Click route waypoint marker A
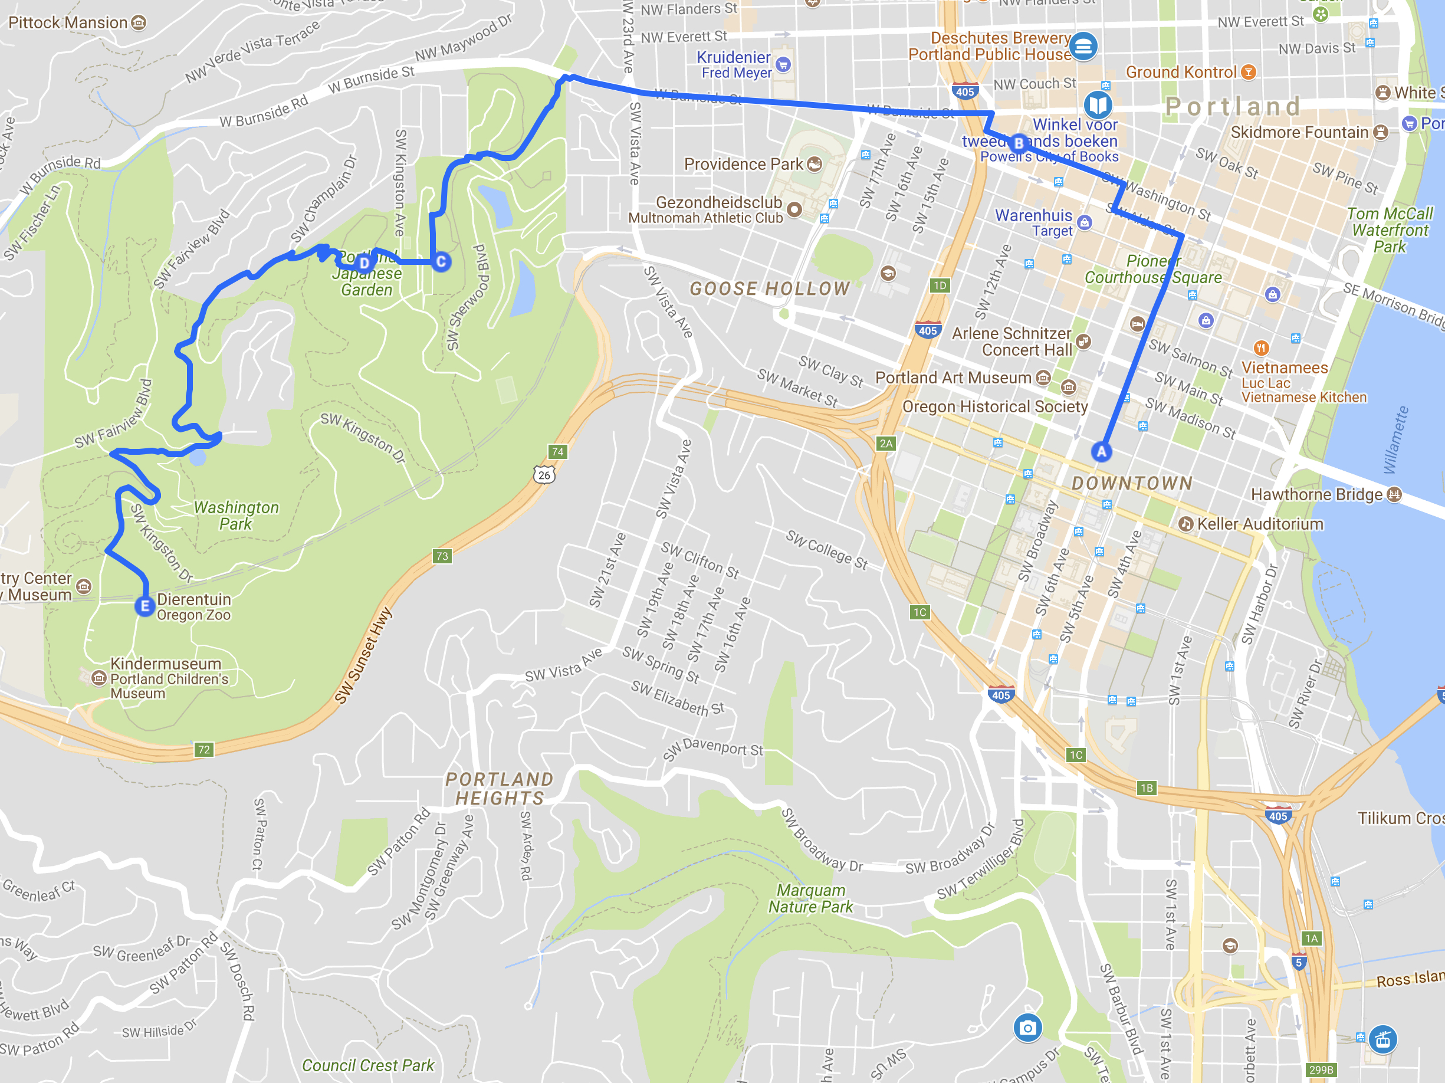[x=1101, y=451]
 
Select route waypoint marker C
[x=441, y=262]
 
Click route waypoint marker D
[x=364, y=262]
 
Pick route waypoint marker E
[x=144, y=606]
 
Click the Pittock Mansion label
[x=68, y=23]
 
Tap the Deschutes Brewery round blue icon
[x=1082, y=47]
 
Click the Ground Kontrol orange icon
[x=1248, y=72]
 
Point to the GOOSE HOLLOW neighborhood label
[x=770, y=288]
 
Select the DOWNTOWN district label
[x=1132, y=483]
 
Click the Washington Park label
[x=236, y=516]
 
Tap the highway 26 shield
[x=544, y=475]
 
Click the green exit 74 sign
[x=557, y=451]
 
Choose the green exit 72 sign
[x=204, y=749]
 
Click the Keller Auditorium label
[x=1259, y=524]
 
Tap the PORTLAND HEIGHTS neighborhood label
[x=500, y=789]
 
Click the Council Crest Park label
[x=368, y=1065]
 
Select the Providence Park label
[x=743, y=164]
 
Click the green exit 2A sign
[x=886, y=444]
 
